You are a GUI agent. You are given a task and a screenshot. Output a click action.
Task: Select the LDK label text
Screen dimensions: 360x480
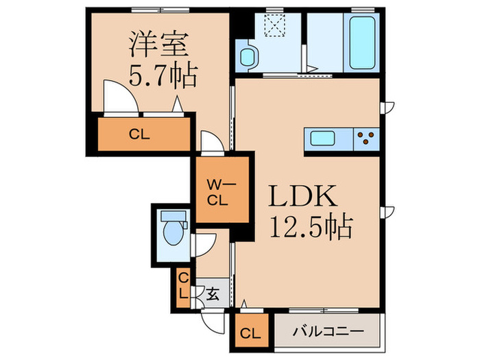(x=303, y=197)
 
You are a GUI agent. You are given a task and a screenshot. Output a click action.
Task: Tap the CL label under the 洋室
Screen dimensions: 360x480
(x=140, y=134)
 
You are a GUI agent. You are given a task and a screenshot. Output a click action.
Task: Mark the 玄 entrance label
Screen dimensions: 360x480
(x=213, y=296)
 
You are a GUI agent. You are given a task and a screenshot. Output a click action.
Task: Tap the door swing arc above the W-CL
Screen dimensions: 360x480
(x=211, y=143)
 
